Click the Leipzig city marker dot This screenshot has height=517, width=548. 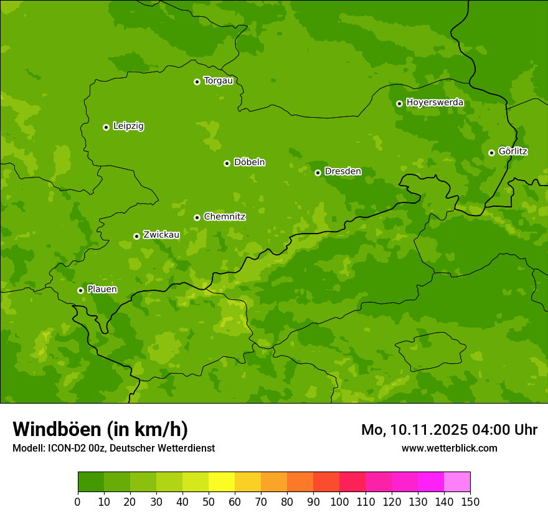point(106,127)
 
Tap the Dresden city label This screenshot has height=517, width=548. point(342,171)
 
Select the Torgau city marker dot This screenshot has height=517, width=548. point(197,82)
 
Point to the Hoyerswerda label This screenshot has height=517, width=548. point(435,102)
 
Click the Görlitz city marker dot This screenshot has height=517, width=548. point(491,153)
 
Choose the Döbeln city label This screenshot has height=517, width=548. point(249,163)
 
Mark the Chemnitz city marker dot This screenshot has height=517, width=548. point(197,217)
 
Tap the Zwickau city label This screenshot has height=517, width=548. point(161,235)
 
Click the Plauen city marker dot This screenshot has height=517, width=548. point(80,290)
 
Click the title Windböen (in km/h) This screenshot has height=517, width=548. point(100,430)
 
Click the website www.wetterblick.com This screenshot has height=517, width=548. point(449,448)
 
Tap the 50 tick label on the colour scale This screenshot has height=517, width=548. point(209,502)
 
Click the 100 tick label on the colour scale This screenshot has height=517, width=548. point(339,502)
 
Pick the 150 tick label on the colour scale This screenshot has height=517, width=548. point(470,502)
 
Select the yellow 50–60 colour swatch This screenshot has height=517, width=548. point(222,482)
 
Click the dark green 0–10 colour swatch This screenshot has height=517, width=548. point(91,482)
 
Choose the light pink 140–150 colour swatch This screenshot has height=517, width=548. point(457,482)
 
